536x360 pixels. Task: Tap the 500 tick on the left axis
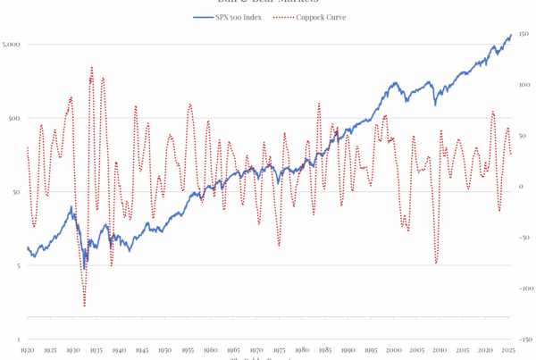12,118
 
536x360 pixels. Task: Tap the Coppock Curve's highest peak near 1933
91,67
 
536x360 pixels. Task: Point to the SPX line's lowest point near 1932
85,269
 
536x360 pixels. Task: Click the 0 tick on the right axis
523,187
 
